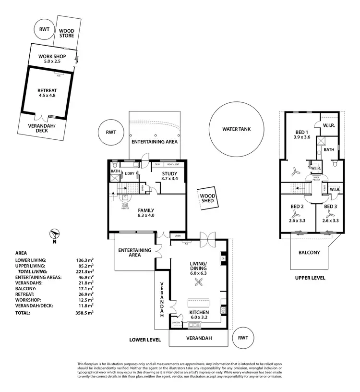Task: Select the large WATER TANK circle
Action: coord(236,129)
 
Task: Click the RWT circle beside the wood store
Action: coord(44,29)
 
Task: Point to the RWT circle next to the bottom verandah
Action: coord(243,338)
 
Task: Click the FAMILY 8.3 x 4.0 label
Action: coord(146,213)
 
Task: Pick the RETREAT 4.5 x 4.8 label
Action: coord(47,93)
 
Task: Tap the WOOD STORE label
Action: coord(67,33)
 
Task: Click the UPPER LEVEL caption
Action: coord(310,278)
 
